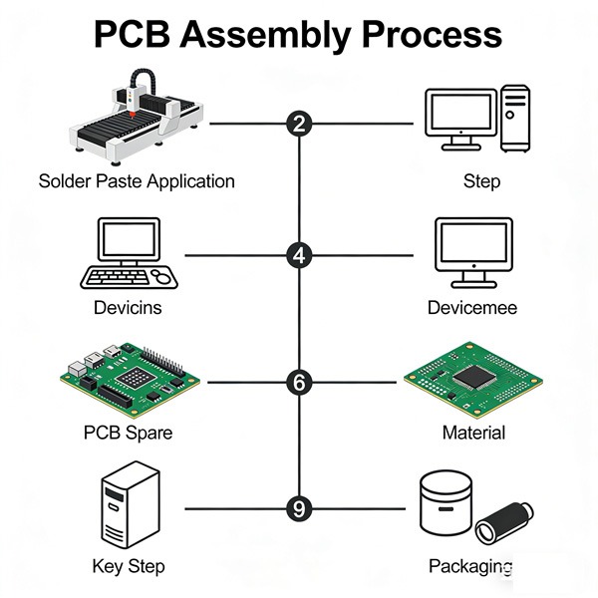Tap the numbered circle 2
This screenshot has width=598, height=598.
[x=299, y=124]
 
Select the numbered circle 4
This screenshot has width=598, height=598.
[x=299, y=255]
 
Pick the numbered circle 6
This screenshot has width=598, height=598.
[x=299, y=382]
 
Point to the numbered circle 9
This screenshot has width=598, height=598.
[x=299, y=508]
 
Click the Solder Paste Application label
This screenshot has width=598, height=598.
[x=137, y=181]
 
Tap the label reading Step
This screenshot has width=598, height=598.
[x=481, y=181]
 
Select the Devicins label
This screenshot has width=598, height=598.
[x=128, y=307]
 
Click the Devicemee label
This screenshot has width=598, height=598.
[x=472, y=307]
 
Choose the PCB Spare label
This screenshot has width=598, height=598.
[x=128, y=433]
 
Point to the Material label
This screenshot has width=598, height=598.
[x=473, y=433]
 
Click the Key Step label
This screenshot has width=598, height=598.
[x=128, y=566]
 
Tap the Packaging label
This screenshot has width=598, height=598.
[x=470, y=566]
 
